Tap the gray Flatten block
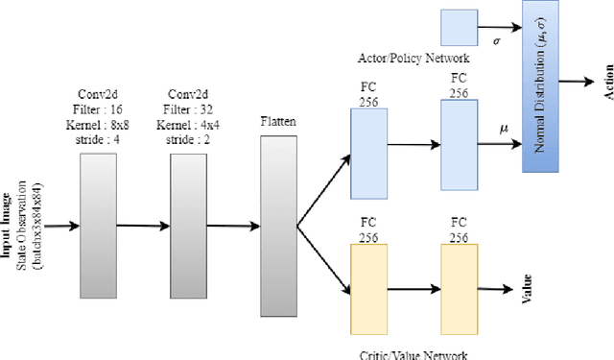(x=277, y=226)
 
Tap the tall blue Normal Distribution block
(x=540, y=86)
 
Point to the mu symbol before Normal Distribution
(x=505, y=127)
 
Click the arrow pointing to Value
(x=498, y=287)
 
